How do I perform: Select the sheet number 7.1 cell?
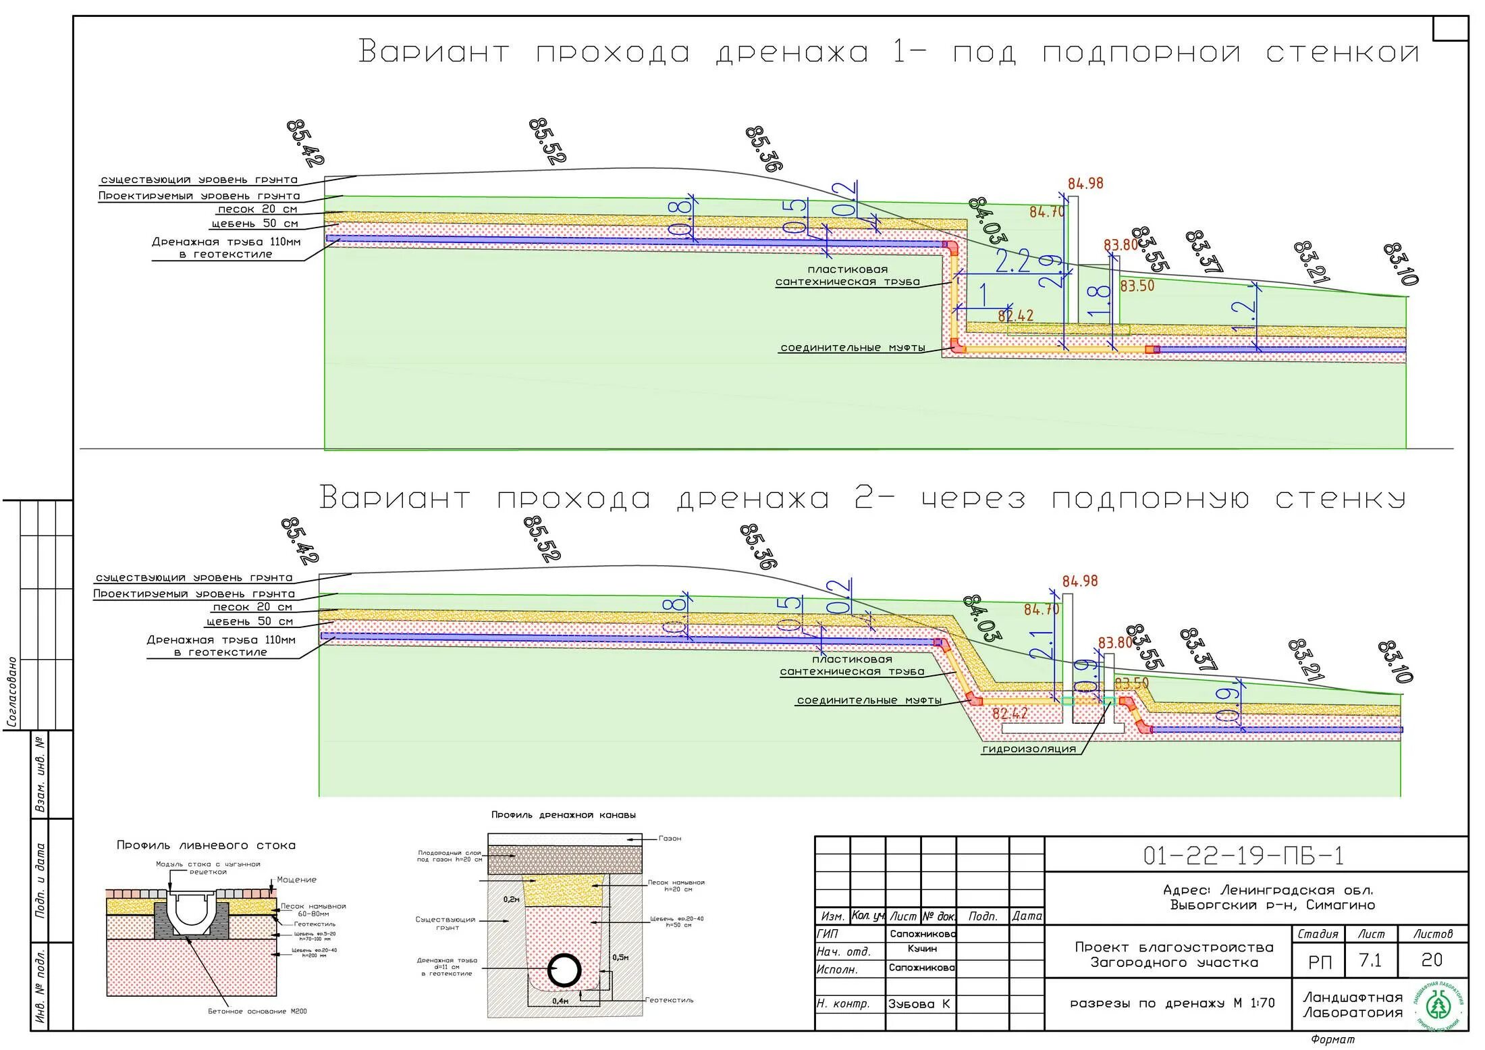(x=1370, y=960)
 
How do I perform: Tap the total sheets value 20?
(x=1431, y=960)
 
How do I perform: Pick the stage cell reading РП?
(x=1320, y=962)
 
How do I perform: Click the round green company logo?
(x=1440, y=1005)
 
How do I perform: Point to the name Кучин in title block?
(x=921, y=949)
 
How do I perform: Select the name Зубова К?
(x=919, y=1004)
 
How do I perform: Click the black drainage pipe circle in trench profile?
(x=564, y=972)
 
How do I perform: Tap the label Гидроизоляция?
(x=1029, y=749)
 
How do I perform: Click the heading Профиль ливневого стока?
(x=206, y=845)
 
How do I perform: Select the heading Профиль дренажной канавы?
(x=563, y=815)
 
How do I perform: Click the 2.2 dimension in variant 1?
(x=1013, y=262)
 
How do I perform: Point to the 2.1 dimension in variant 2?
(x=1042, y=645)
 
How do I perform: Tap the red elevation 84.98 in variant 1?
(x=1085, y=184)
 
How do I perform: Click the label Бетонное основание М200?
(x=257, y=1011)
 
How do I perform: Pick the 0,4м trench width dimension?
(x=560, y=1001)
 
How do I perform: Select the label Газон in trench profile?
(x=670, y=838)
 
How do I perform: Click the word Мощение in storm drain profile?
(x=296, y=880)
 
